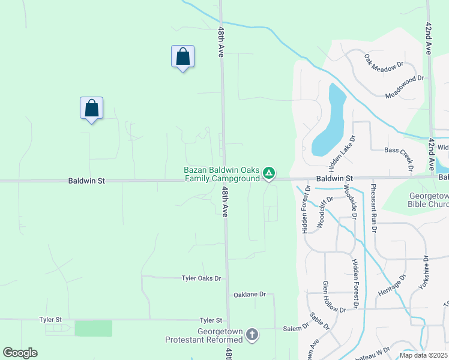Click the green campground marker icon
pos(270,174)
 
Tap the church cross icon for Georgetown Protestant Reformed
pos(253,334)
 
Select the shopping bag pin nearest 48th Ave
pos(182,57)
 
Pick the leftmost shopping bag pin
pos(91,109)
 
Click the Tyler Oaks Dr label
pos(202,278)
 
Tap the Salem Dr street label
pos(296,328)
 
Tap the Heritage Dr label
pos(392,285)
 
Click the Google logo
pos(20,353)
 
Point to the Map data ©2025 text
pos(423,355)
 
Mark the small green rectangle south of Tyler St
pos(93,328)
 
